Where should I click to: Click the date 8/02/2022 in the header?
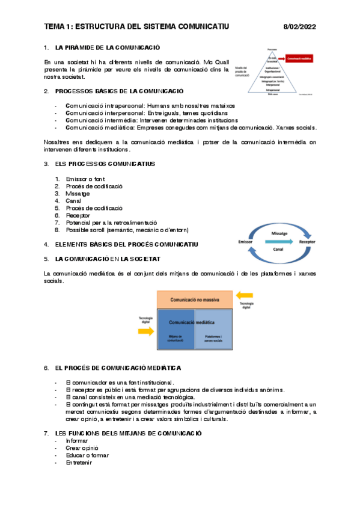pos(299,26)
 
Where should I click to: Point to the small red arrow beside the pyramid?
pos(282,58)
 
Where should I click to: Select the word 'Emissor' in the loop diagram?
pos(248,241)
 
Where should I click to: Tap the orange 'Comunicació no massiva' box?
pos(194,299)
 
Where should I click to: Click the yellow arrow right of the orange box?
pos(245,295)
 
